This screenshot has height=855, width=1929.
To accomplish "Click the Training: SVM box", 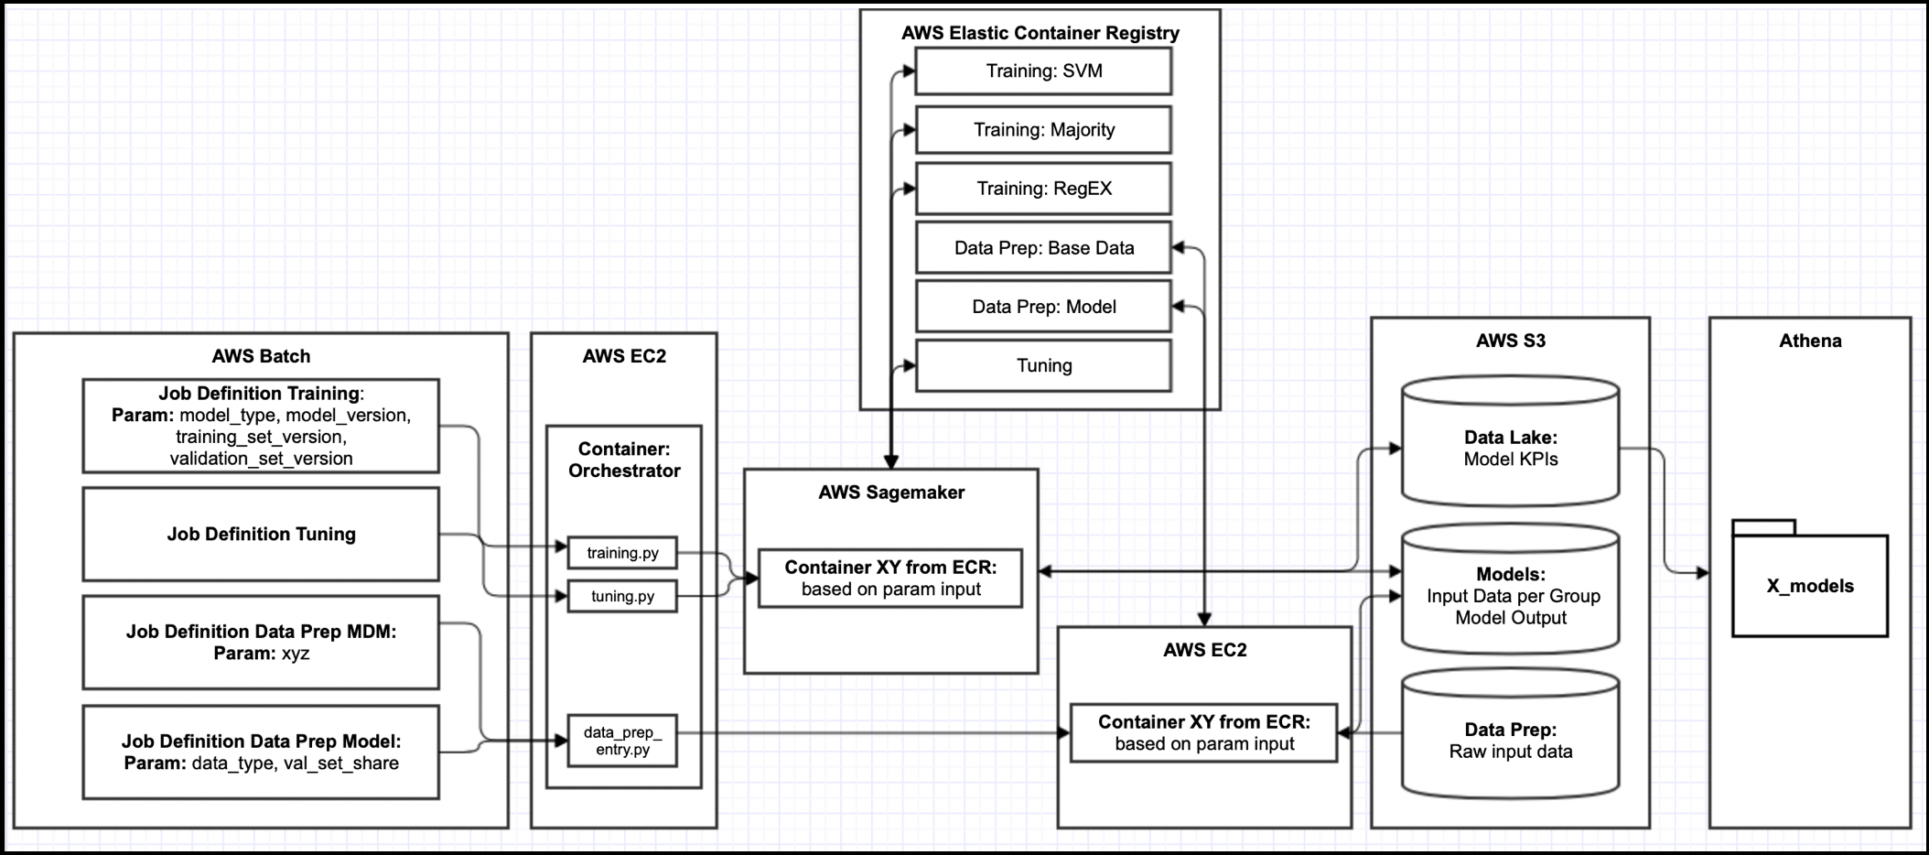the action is coord(1043,70).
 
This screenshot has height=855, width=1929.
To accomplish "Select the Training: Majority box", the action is coord(1043,129).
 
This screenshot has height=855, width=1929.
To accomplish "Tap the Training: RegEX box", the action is coord(1043,189).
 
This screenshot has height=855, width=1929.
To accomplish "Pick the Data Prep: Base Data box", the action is coord(1043,247).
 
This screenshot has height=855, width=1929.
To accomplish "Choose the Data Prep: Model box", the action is coord(1043,307).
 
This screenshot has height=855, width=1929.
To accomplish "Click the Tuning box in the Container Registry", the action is coord(1043,365).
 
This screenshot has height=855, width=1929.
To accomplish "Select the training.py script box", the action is coord(622,553).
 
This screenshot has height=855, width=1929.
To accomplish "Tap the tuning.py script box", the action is coord(622,596).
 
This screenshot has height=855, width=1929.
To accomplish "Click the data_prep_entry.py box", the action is coord(622,741).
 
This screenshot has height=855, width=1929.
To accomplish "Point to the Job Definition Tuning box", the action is coord(261,534).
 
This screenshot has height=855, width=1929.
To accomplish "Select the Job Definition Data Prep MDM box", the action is coord(261,642).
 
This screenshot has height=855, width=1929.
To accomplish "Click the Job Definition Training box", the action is coord(261,426).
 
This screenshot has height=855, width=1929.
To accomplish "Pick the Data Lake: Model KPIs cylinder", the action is coord(1511,441).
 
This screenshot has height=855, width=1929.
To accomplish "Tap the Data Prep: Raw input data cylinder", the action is coord(1511,732).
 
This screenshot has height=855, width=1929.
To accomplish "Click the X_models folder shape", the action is coord(1809,579).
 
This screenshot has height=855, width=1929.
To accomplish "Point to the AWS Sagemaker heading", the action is coord(891,492).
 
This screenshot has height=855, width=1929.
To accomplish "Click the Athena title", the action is coord(1810,341).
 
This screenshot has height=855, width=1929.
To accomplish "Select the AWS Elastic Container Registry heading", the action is coord(1040,33).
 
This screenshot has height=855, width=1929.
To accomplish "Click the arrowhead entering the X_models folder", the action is coord(1702,573).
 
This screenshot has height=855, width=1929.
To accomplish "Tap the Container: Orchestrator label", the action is coord(624,460).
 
